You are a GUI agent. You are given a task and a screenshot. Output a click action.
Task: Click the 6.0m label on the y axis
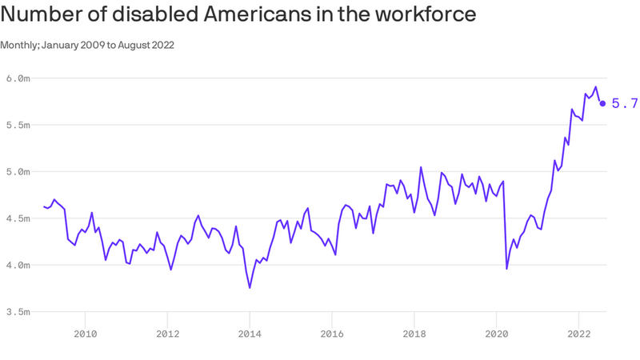point(18,78)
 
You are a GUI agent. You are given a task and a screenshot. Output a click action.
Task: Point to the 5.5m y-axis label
point(18,125)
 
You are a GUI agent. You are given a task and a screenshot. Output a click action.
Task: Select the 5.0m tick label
point(18,172)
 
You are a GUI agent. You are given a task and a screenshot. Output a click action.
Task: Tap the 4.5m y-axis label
point(18,218)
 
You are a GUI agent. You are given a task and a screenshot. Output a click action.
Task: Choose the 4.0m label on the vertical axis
point(18,266)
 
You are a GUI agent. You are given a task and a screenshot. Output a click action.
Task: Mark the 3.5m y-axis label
point(18,312)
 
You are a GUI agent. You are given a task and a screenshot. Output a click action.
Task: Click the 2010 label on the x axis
point(86,334)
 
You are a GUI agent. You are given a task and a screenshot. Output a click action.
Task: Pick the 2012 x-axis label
point(168,334)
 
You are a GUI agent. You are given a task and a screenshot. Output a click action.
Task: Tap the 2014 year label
point(250,334)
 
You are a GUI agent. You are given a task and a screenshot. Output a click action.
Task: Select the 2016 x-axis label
point(332,334)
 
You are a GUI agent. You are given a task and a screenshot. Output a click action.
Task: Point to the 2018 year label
point(414,334)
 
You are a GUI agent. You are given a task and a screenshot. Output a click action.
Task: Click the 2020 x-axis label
point(497,334)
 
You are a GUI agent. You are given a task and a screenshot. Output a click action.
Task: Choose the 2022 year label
point(578,334)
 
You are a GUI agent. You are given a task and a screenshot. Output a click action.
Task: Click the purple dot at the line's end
point(602,104)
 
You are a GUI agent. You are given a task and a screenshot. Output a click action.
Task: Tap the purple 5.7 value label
point(625,104)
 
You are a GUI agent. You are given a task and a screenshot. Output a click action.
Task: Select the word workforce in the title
point(426,14)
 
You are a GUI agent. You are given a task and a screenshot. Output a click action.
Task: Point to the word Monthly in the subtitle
point(19,45)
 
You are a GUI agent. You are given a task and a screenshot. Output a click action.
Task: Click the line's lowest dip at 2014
point(250,288)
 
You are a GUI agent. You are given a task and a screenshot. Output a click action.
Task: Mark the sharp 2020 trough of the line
point(507,269)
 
